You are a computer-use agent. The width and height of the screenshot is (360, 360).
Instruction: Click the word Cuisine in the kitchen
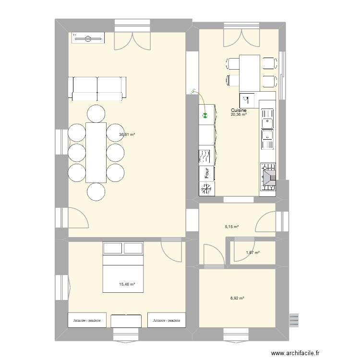pos(238,110)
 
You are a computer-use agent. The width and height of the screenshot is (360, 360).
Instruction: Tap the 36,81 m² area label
pos(127,135)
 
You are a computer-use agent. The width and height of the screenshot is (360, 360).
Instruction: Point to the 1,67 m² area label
pos(252,253)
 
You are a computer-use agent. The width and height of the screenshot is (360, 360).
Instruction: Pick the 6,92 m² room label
pos(237,298)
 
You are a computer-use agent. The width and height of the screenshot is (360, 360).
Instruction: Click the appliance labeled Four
pos(206,173)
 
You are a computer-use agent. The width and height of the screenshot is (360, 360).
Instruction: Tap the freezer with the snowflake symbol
pos(206,190)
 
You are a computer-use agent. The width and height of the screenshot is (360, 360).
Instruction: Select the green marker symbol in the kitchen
pos(205,115)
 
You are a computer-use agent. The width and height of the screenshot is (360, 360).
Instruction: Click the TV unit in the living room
pos(87,38)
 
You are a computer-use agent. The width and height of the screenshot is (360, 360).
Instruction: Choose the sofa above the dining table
pos(98,88)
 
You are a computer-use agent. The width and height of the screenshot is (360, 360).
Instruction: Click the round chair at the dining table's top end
pos(96,113)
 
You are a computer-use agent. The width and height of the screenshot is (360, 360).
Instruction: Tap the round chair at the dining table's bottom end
pos(96,192)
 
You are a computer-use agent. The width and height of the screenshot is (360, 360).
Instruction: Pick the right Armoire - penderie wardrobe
pos(167,320)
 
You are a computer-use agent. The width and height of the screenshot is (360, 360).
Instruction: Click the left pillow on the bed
pos(113,248)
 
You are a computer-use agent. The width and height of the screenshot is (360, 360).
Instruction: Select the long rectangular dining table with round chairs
pos(96,153)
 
